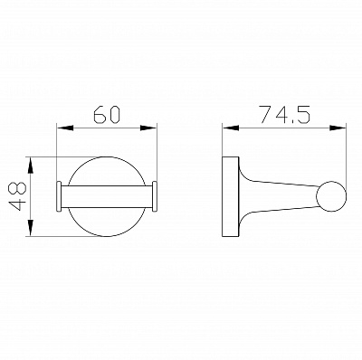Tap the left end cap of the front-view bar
pyautogui.click(x=60, y=196)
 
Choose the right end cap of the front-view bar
pyautogui.click(x=157, y=196)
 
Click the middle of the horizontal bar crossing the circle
pyautogui.click(x=109, y=196)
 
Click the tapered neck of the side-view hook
pyautogui.click(x=276, y=195)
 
